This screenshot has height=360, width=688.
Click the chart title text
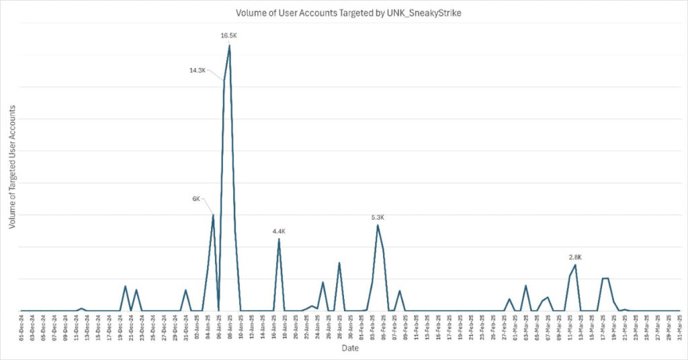[x=343, y=13]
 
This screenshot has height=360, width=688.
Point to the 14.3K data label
[x=198, y=70]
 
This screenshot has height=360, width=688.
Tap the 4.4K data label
[x=279, y=231]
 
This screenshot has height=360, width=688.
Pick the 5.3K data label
[x=378, y=217]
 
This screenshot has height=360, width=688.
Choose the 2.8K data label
[x=575, y=257]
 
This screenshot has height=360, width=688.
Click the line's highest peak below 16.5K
[x=230, y=45]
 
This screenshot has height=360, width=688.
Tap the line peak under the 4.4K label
[x=279, y=239]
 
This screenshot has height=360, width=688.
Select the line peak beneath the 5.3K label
[x=378, y=225]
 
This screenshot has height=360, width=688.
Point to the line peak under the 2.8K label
[x=575, y=265]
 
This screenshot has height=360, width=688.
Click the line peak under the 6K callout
[x=213, y=215]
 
